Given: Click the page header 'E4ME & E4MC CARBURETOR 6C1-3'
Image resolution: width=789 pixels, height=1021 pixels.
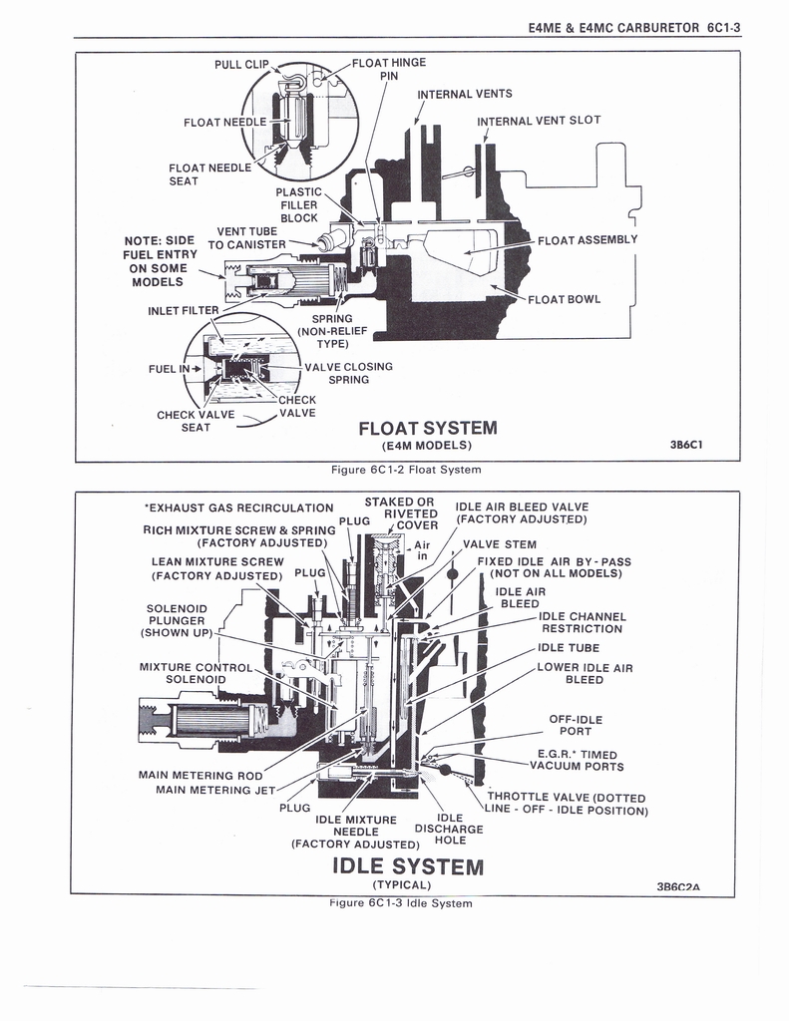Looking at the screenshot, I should [x=634, y=29].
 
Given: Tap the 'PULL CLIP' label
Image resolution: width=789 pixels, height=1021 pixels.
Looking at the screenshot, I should [x=242, y=65].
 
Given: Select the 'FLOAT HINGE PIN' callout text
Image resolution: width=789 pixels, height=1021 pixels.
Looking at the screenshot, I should [x=388, y=68].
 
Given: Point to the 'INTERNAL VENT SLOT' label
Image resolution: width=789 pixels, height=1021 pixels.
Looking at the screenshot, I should [x=539, y=121].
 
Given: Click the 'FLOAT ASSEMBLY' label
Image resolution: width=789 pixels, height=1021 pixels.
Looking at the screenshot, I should [x=587, y=239].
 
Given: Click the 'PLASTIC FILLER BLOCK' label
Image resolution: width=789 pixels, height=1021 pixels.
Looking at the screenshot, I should [x=298, y=204].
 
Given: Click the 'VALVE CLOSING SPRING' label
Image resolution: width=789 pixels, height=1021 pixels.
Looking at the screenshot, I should [x=348, y=373].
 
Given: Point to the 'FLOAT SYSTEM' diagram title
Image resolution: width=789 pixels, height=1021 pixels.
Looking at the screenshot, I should [x=427, y=429].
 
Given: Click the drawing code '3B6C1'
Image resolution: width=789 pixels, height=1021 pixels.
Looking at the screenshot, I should [x=687, y=446].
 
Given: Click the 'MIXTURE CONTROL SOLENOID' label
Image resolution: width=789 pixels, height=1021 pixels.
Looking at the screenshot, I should [x=196, y=673].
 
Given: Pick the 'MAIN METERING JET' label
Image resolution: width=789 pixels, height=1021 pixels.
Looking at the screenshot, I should [x=215, y=791].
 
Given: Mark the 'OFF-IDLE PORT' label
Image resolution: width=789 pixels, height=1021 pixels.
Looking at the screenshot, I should [x=576, y=725].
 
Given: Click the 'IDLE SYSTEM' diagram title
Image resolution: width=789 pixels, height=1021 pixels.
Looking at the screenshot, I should [x=407, y=865].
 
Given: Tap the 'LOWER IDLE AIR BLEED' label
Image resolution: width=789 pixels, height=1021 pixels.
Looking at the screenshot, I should [x=585, y=673].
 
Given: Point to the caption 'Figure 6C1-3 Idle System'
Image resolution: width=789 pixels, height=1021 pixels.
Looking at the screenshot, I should [x=400, y=903].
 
